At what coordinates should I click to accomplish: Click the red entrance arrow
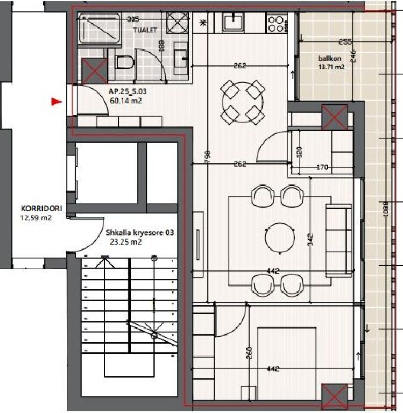[56, 101]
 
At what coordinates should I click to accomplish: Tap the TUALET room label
[145, 31]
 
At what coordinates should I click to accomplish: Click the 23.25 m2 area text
[125, 242]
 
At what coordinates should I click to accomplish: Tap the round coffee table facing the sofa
[280, 236]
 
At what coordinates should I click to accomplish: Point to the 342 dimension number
[310, 239]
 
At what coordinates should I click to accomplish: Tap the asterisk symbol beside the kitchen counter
[203, 22]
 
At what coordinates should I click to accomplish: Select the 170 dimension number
[322, 167]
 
